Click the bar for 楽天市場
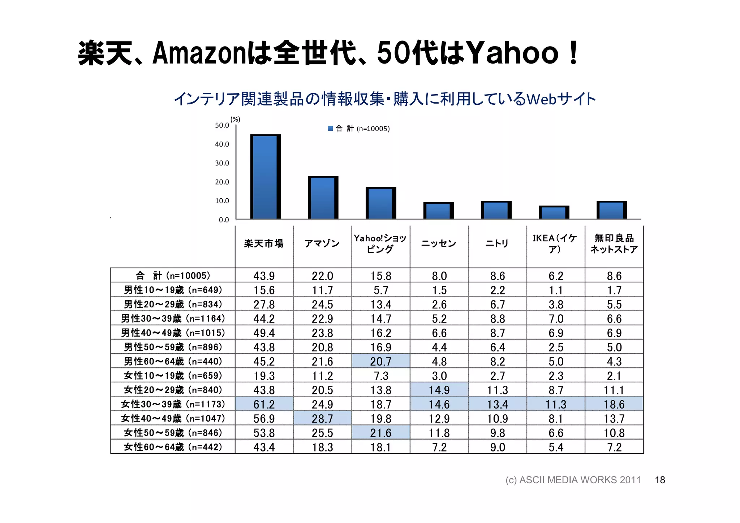pos(265,177)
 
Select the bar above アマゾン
pos(323,198)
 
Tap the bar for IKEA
pos(554,212)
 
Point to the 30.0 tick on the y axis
pos(222,163)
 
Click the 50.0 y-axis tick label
pos(222,125)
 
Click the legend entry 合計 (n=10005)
pos(359,129)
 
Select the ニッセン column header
pos(439,244)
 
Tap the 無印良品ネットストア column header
pos(614,244)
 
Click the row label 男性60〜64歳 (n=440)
pos(173,361)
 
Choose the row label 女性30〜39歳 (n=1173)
pos(173,404)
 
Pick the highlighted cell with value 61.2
pos(264,404)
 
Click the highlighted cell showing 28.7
pos(322,419)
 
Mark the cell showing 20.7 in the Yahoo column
pos(380,361)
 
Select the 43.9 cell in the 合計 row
pos(264,276)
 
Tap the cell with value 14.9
pos(439,390)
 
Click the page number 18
pos(660,480)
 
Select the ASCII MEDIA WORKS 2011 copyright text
pos(573,480)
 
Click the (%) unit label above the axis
pos(235,120)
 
